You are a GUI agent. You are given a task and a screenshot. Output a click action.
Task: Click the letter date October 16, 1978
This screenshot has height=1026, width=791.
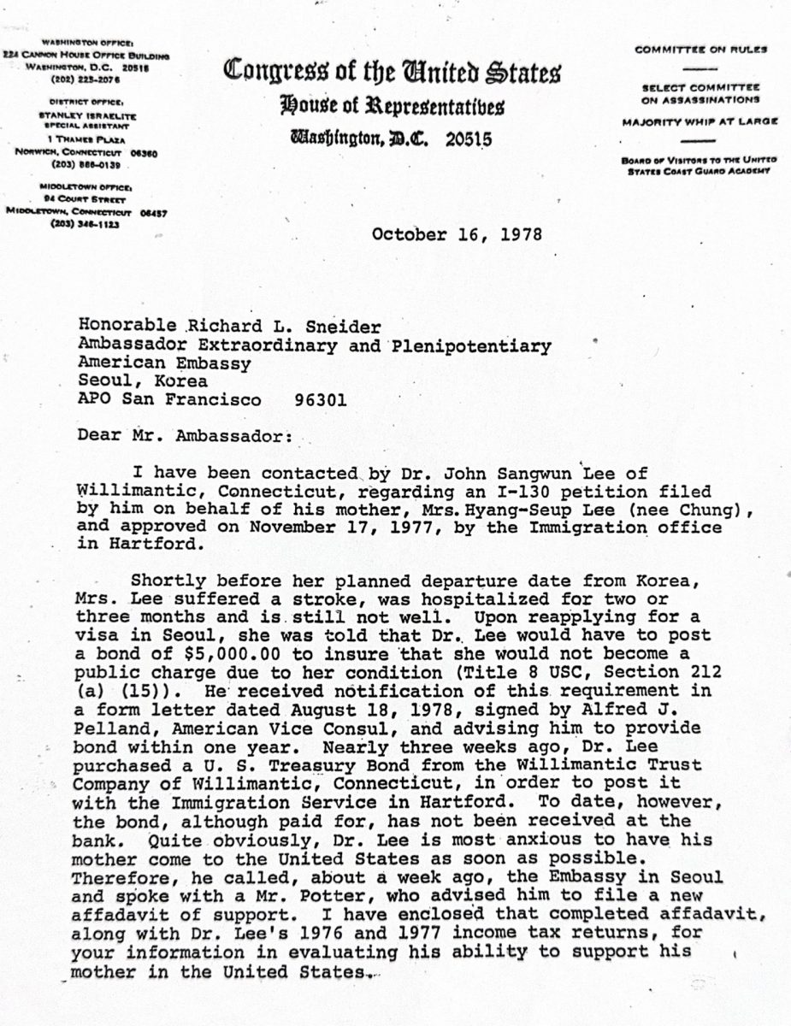[x=456, y=234]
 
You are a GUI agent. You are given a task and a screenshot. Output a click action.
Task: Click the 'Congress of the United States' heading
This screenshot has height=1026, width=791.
[x=392, y=74]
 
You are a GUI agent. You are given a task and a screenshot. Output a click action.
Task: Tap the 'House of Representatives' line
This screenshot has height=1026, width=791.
[x=392, y=107]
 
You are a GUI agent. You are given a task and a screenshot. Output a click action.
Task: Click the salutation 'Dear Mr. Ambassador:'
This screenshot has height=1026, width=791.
[x=185, y=435]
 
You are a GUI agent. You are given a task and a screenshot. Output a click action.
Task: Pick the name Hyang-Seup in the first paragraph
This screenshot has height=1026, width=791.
[x=510, y=510]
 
